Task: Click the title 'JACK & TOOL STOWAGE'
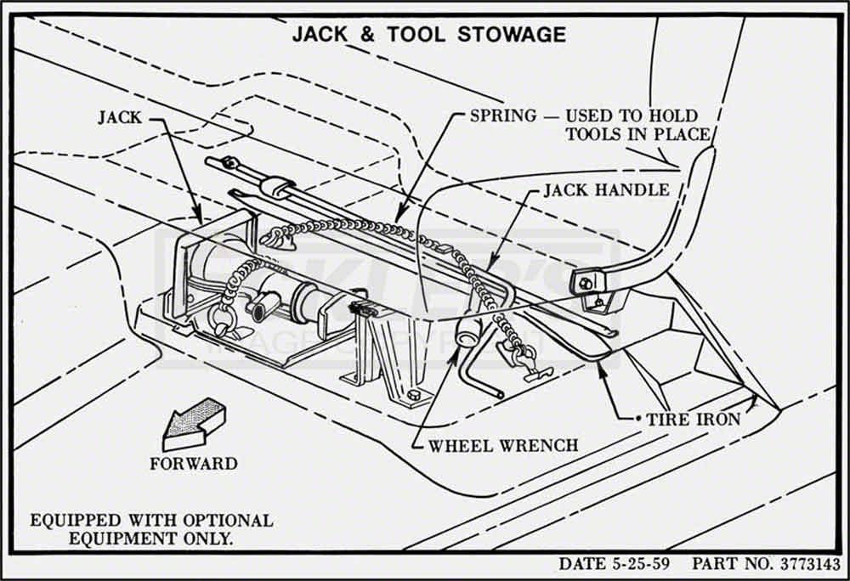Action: (x=428, y=35)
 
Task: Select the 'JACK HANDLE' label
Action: (x=606, y=189)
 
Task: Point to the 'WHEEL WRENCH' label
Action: (x=503, y=444)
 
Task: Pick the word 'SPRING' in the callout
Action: (x=503, y=116)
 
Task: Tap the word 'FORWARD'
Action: (x=194, y=464)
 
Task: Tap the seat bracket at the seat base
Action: (x=588, y=282)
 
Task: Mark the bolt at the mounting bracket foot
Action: (x=413, y=394)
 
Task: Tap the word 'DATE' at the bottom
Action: (x=581, y=564)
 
